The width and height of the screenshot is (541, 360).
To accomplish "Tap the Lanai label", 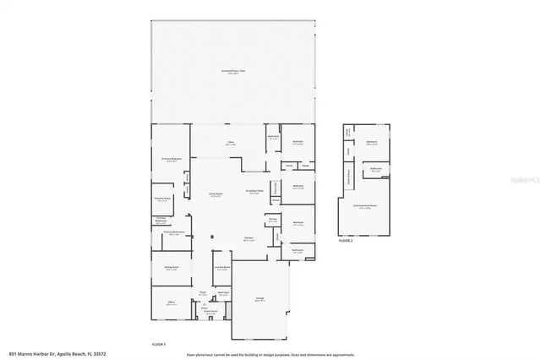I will [230, 142].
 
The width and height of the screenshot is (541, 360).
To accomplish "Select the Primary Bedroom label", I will [172, 158].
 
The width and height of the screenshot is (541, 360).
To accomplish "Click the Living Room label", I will [215, 194].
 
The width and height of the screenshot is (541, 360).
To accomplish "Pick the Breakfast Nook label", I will [254, 191].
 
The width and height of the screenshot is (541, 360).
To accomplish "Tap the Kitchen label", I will [250, 238].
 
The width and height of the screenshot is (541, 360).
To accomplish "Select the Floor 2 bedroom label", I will [372, 143].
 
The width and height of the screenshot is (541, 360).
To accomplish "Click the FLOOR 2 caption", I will [345, 241].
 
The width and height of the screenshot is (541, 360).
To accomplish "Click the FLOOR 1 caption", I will [158, 345].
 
